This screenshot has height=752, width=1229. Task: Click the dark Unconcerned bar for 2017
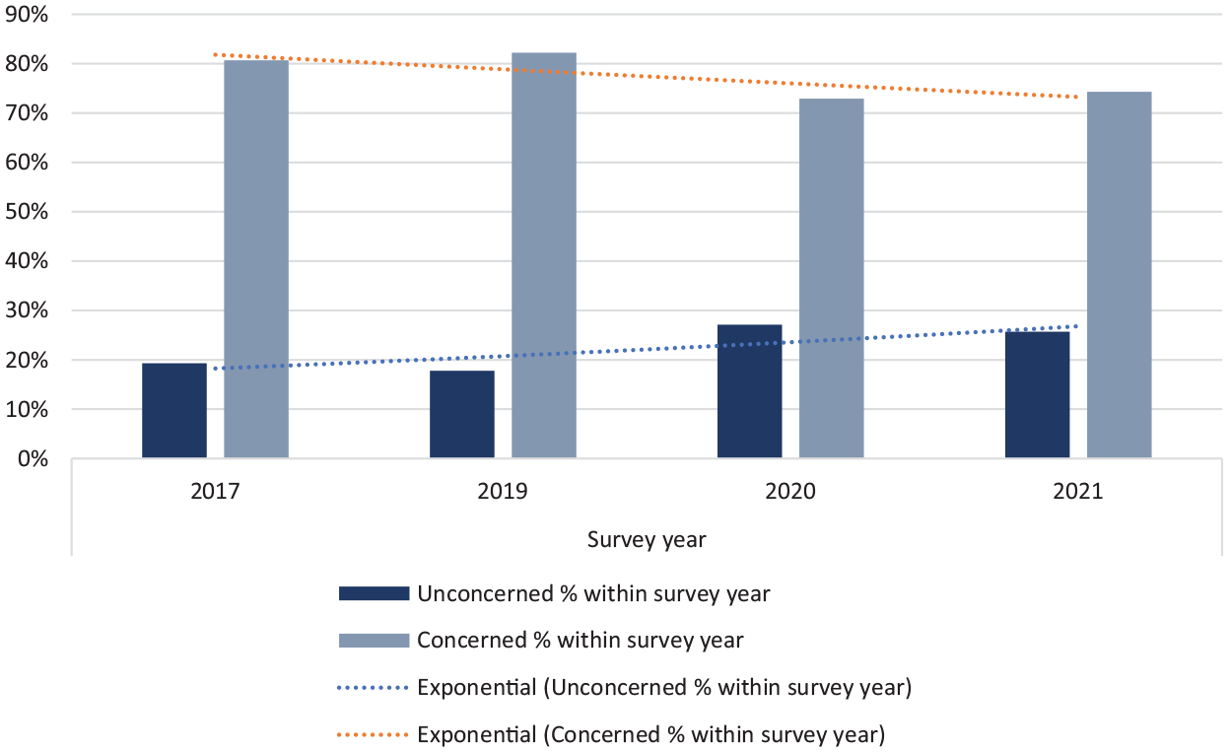tap(174, 410)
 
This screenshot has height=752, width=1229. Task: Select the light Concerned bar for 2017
tap(256, 258)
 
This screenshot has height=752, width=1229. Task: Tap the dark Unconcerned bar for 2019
tap(462, 414)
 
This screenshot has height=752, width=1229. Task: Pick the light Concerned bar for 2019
tap(544, 255)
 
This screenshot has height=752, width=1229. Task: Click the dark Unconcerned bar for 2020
tap(749, 391)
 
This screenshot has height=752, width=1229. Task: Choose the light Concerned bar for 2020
tap(831, 278)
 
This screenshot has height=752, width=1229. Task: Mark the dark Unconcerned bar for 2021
tap(1037, 394)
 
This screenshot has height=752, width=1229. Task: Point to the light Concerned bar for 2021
tap(1120, 274)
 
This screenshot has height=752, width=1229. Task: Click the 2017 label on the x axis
tap(215, 491)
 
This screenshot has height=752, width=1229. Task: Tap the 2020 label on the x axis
tap(790, 491)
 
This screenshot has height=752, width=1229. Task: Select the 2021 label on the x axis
tap(1077, 491)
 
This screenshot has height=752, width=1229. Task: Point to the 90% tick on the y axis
tap(27, 15)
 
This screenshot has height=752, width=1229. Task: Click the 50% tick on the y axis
tap(27, 212)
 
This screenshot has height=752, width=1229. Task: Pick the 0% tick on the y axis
tap(33, 458)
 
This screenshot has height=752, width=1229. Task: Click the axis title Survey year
tap(647, 540)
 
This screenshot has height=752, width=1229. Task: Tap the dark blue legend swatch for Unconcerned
tap(374, 593)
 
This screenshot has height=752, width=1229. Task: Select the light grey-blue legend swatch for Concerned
tap(374, 640)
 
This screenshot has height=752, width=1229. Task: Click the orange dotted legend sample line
tap(374, 734)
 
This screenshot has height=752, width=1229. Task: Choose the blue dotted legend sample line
tap(374, 687)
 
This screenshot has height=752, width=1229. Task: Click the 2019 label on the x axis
tap(503, 491)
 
